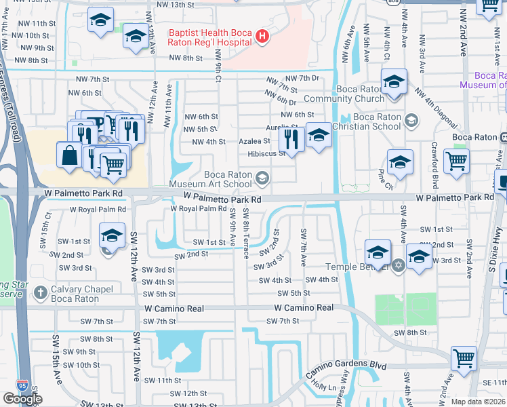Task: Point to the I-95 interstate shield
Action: (x=24, y=385)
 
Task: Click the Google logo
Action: (x=22, y=399)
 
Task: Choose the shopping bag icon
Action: (x=69, y=155)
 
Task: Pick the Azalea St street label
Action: (x=255, y=141)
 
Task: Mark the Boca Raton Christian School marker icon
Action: (x=410, y=121)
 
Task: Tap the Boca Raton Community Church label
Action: (x=350, y=94)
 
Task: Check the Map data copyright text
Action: (x=478, y=402)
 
